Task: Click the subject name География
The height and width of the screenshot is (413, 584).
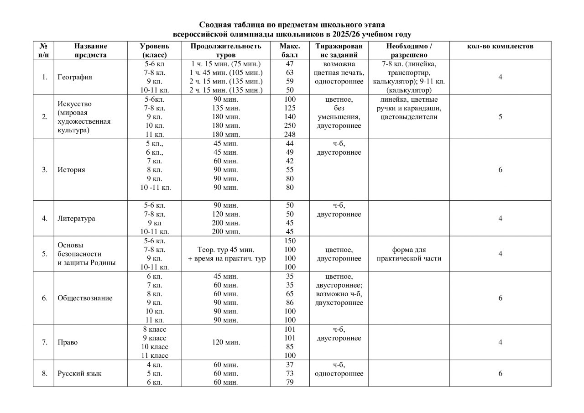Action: [x=74, y=77]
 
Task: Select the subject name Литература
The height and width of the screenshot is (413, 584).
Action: [x=76, y=218]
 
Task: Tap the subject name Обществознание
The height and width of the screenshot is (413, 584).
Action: [x=85, y=298]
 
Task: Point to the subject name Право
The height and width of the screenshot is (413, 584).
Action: [x=67, y=342]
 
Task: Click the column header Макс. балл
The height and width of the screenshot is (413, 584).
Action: [x=290, y=50]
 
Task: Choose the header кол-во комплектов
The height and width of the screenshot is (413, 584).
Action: [x=500, y=46]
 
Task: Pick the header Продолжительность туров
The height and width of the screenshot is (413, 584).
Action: [x=226, y=50]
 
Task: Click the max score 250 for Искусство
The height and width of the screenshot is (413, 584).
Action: [x=290, y=125]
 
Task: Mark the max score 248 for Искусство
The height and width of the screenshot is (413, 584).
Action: [x=290, y=135]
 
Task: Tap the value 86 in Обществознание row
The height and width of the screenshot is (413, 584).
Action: [x=290, y=303]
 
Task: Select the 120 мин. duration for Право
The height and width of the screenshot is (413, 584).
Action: [x=226, y=342]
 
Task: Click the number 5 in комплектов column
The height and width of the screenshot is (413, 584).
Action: [x=500, y=117]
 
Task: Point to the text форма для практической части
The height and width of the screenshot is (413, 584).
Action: [x=409, y=254]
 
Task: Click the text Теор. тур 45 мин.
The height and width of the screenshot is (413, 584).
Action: [x=226, y=250]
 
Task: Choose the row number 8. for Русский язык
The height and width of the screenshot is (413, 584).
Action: [x=44, y=373]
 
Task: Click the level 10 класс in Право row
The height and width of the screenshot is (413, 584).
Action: [x=155, y=347]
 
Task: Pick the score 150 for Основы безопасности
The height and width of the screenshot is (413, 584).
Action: [x=290, y=241]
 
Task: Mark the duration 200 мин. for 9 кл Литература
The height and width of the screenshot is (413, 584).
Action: [x=226, y=223]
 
